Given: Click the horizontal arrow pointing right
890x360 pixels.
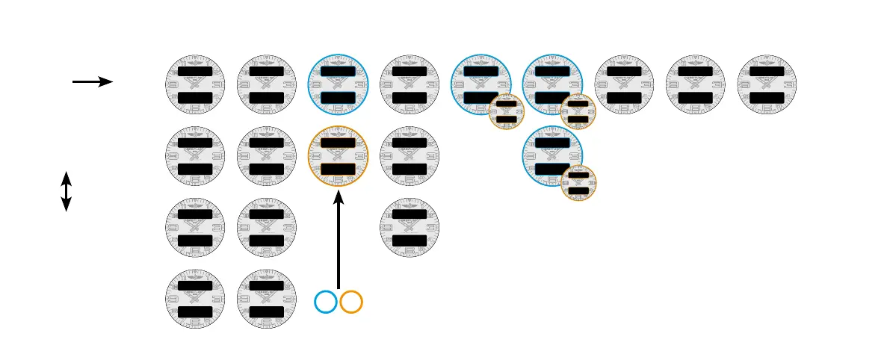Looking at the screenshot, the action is [92, 81].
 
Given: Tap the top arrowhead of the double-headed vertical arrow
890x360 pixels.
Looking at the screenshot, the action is [66, 176].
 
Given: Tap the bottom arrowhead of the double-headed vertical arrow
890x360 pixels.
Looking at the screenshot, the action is [66, 206].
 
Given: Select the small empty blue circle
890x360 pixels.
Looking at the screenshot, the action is [326, 302].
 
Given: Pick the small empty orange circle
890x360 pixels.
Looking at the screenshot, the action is [351, 302].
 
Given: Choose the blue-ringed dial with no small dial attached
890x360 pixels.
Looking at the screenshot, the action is [339, 84].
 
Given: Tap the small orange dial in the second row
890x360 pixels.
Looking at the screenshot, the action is [578, 184].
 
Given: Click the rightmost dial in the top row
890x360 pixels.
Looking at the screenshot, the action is [767, 84].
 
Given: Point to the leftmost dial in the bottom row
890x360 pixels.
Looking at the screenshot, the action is [195, 300].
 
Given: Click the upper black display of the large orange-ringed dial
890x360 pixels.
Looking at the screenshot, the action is [339, 143].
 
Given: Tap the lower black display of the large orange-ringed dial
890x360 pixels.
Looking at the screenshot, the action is [339, 169].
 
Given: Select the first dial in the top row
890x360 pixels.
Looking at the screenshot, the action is [195, 84].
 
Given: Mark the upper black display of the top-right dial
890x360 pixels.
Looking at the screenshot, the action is [767, 71].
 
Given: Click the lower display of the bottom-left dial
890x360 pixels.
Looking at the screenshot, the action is [195, 312].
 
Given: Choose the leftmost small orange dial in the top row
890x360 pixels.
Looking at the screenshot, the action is [507, 112].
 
